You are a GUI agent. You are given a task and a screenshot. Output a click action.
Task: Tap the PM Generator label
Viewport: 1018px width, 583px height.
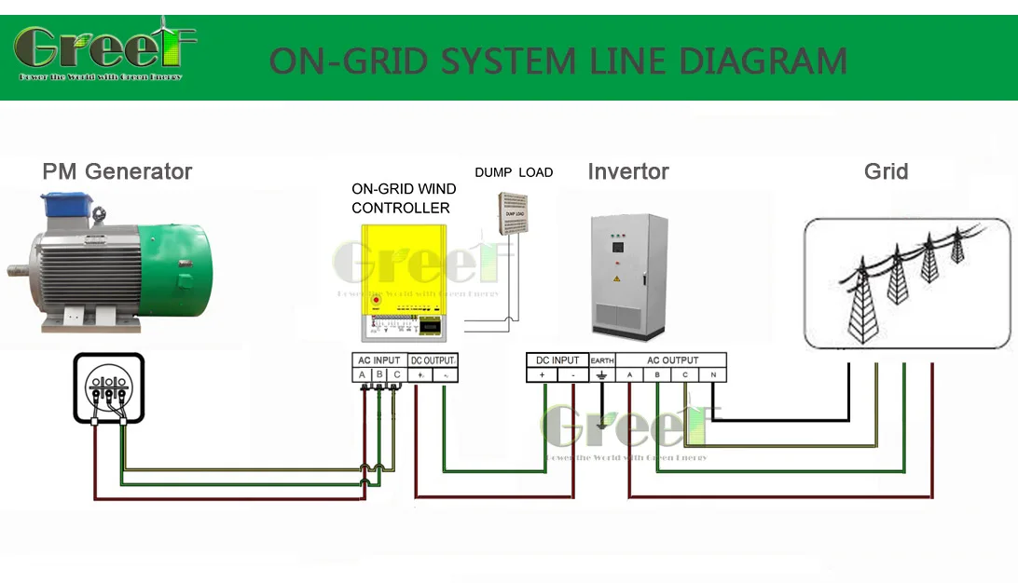[117, 172]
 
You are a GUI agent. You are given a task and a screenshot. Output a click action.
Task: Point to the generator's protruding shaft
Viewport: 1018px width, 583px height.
[18, 271]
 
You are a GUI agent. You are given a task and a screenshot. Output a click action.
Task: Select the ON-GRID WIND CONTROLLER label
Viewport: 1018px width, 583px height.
[404, 198]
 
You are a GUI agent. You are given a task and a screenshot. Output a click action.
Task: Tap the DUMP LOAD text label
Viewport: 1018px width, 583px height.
[514, 172]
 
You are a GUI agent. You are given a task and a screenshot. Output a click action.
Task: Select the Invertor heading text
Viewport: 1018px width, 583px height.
[627, 172]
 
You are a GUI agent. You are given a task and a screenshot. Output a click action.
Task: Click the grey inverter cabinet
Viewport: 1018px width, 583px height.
[630, 276]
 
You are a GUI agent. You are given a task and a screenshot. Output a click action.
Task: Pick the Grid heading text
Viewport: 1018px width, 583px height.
[886, 172]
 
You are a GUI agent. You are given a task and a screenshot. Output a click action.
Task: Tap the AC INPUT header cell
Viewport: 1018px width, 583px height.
[378, 360]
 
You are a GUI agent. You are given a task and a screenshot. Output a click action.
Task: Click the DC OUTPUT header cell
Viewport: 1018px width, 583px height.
[433, 360]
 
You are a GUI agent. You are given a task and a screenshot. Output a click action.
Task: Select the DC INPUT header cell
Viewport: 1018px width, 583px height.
[557, 360]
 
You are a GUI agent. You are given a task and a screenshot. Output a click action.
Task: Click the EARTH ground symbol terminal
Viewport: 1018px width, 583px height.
[602, 375]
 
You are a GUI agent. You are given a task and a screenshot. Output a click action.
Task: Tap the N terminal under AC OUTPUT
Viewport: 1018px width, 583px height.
[712, 375]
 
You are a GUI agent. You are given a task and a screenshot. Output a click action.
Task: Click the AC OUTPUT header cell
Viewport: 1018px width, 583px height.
[672, 360]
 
